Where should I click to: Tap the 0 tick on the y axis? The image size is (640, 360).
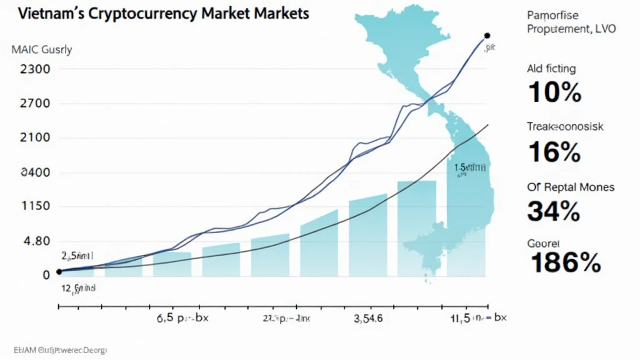coord(28,274)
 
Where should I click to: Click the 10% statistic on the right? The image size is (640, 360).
coord(555,92)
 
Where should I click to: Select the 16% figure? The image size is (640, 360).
coord(555,152)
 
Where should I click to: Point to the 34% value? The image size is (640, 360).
coord(554,211)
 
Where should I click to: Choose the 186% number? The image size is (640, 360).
coord(565,263)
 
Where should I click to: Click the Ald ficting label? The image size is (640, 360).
coord(551,68)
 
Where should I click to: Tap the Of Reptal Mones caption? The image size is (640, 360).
coord(571,187)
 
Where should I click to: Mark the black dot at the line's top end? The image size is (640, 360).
coord(487,36)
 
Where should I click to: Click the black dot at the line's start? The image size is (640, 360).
coord(59,271)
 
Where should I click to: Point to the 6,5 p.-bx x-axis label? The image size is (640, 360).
coord(182,317)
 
